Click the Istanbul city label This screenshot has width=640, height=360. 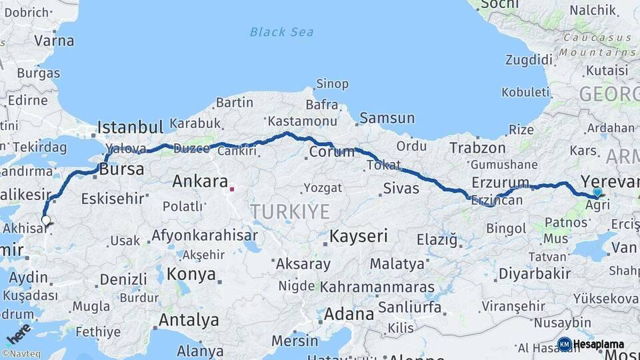click(x=130, y=127)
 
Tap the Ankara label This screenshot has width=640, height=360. click(x=199, y=181)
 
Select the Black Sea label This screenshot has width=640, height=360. click(x=281, y=31)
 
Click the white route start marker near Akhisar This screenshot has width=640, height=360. click(x=45, y=219)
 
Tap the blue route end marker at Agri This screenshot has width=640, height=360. click(x=597, y=192)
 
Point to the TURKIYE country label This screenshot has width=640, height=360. click(x=290, y=212)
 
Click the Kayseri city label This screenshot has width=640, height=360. click(x=359, y=236)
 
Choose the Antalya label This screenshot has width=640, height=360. click(x=189, y=320)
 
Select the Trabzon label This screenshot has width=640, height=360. click(x=477, y=148)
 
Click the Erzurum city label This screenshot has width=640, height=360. click(x=500, y=182)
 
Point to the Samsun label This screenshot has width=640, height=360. click(x=387, y=119)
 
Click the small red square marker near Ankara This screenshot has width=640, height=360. click(x=232, y=189)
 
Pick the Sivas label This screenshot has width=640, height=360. click(x=401, y=189)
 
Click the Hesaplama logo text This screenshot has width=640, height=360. click(x=598, y=345)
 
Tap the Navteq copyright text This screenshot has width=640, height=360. click(x=19, y=354)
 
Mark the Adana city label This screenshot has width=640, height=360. click(x=349, y=313)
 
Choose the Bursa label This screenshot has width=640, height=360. click(x=121, y=169)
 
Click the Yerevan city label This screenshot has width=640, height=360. click(x=609, y=181)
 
